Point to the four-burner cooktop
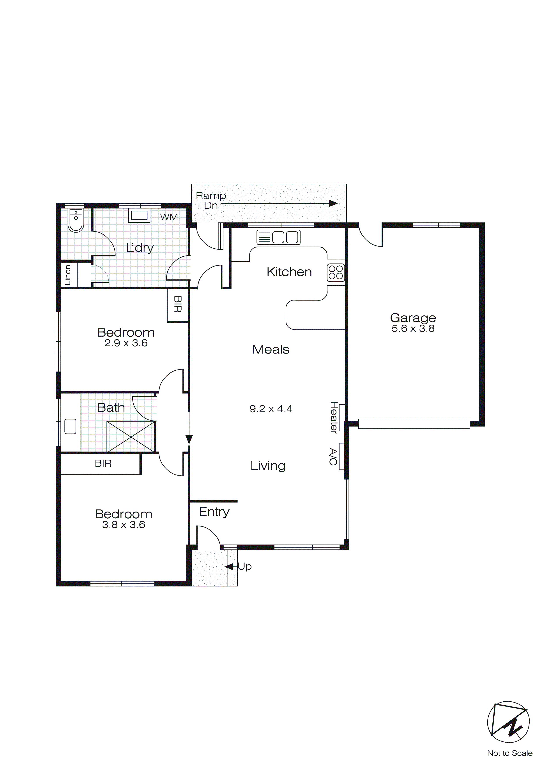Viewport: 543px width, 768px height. tap(336, 273)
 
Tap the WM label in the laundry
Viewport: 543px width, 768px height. tap(169, 217)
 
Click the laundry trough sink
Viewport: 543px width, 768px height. tap(139, 216)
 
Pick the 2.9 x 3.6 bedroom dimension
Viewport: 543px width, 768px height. tap(126, 343)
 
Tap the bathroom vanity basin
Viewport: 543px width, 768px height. tap(70, 427)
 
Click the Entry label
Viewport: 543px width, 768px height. tap(214, 512)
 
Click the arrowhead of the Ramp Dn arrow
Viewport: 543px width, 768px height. tap(333, 203)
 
